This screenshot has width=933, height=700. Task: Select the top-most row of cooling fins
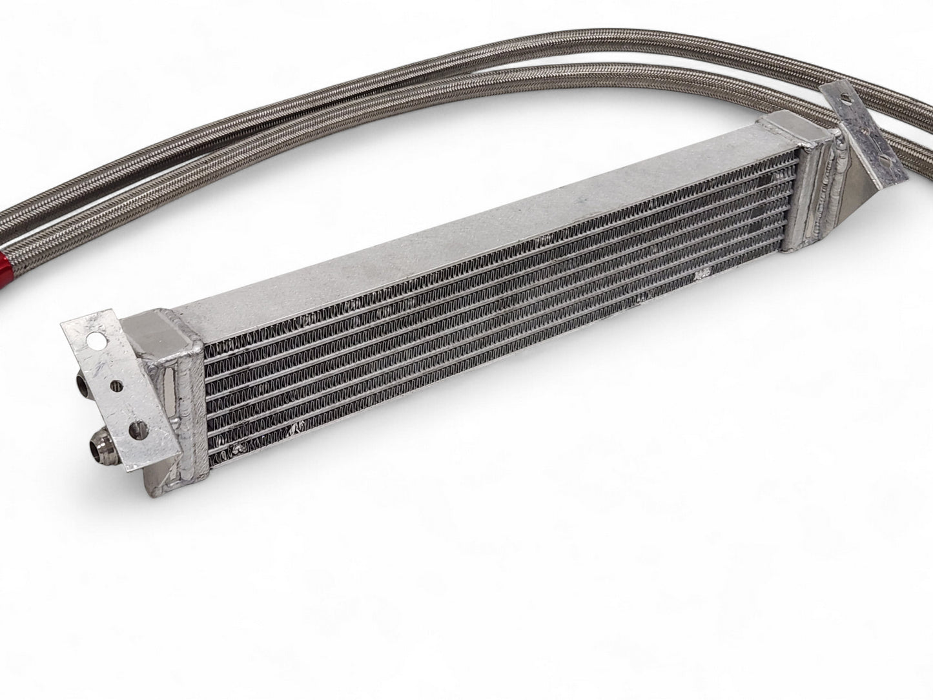point(504,258)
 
